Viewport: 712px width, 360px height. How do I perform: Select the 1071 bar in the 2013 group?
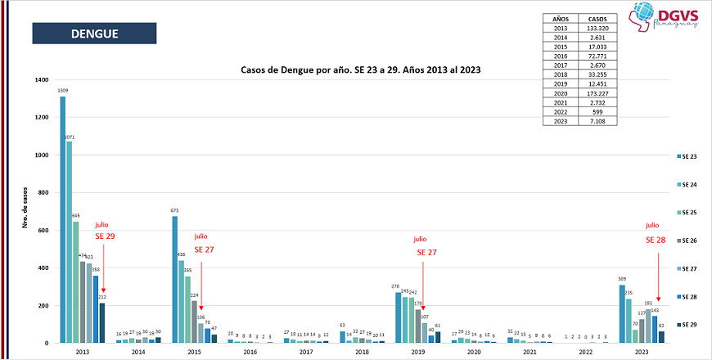point(69,241)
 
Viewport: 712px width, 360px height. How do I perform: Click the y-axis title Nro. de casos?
point(25,210)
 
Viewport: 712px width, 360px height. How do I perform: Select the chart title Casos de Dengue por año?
point(360,70)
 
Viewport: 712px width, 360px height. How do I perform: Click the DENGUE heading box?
point(94,34)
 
